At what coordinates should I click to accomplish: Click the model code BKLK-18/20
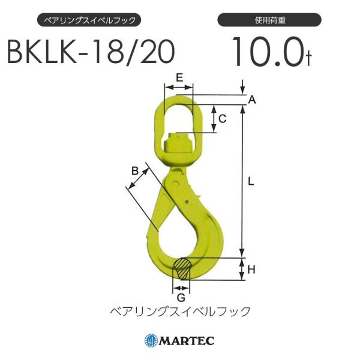click(x=90, y=53)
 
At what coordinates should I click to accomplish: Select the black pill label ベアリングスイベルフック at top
click(x=90, y=20)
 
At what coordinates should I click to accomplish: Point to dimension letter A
click(x=252, y=100)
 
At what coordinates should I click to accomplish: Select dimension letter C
click(x=222, y=119)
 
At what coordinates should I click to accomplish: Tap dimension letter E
click(x=179, y=77)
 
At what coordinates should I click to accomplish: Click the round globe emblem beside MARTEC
click(x=151, y=341)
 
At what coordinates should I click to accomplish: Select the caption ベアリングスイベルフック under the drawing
click(x=180, y=311)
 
